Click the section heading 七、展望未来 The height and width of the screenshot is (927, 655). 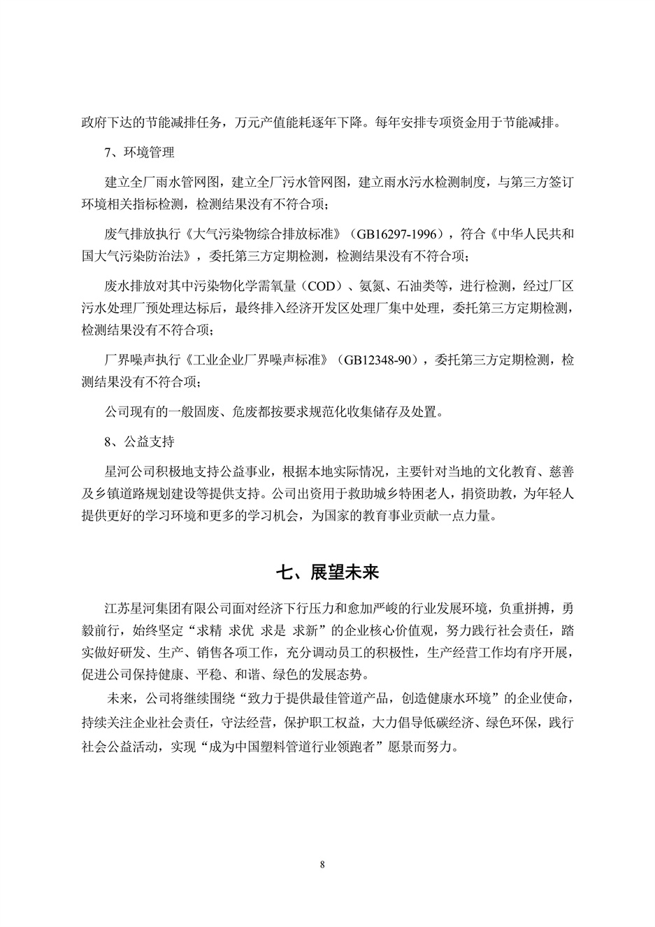(x=327, y=572)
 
